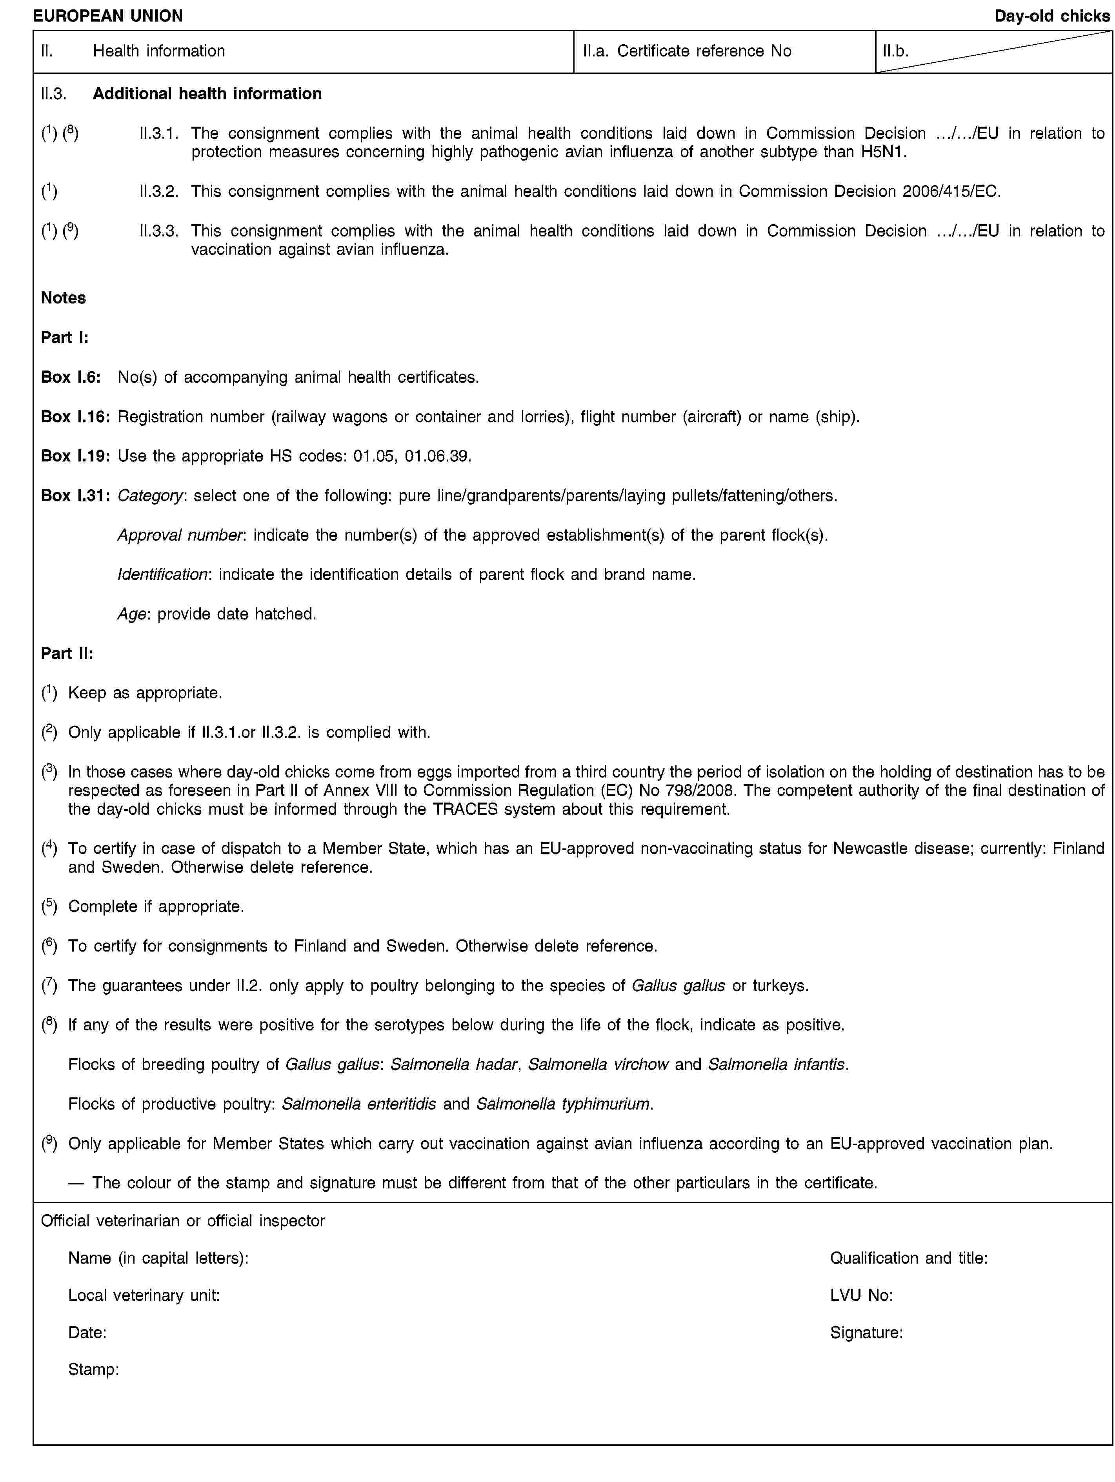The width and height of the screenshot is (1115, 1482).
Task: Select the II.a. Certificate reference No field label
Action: click(687, 51)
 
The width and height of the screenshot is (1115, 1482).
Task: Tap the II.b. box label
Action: click(895, 51)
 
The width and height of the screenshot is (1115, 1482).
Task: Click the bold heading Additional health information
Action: click(207, 93)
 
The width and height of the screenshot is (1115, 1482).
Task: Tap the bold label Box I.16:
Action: click(75, 417)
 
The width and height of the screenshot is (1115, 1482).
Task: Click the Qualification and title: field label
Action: click(908, 1258)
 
